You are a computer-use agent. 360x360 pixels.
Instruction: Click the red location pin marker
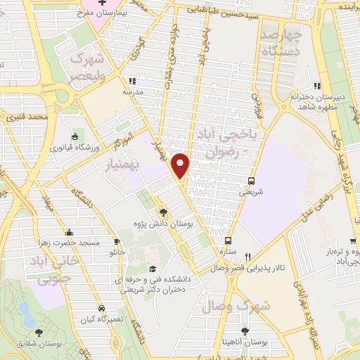(x=181, y=165)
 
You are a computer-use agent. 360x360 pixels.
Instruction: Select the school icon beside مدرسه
(x=132, y=81)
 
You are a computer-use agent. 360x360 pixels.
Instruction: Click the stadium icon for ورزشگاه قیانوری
(x=75, y=136)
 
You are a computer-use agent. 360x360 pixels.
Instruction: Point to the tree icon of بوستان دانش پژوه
(x=163, y=212)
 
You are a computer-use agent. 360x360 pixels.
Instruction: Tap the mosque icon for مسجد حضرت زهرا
(x=69, y=232)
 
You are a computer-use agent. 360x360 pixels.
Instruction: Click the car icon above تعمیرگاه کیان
(x=101, y=309)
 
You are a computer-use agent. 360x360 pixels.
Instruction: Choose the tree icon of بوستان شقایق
(x=39, y=331)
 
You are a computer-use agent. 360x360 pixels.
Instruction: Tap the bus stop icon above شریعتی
(x=252, y=179)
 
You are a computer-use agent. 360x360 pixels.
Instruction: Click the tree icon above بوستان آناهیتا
(x=244, y=330)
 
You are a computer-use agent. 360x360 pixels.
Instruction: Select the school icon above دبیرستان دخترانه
(x=316, y=86)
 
